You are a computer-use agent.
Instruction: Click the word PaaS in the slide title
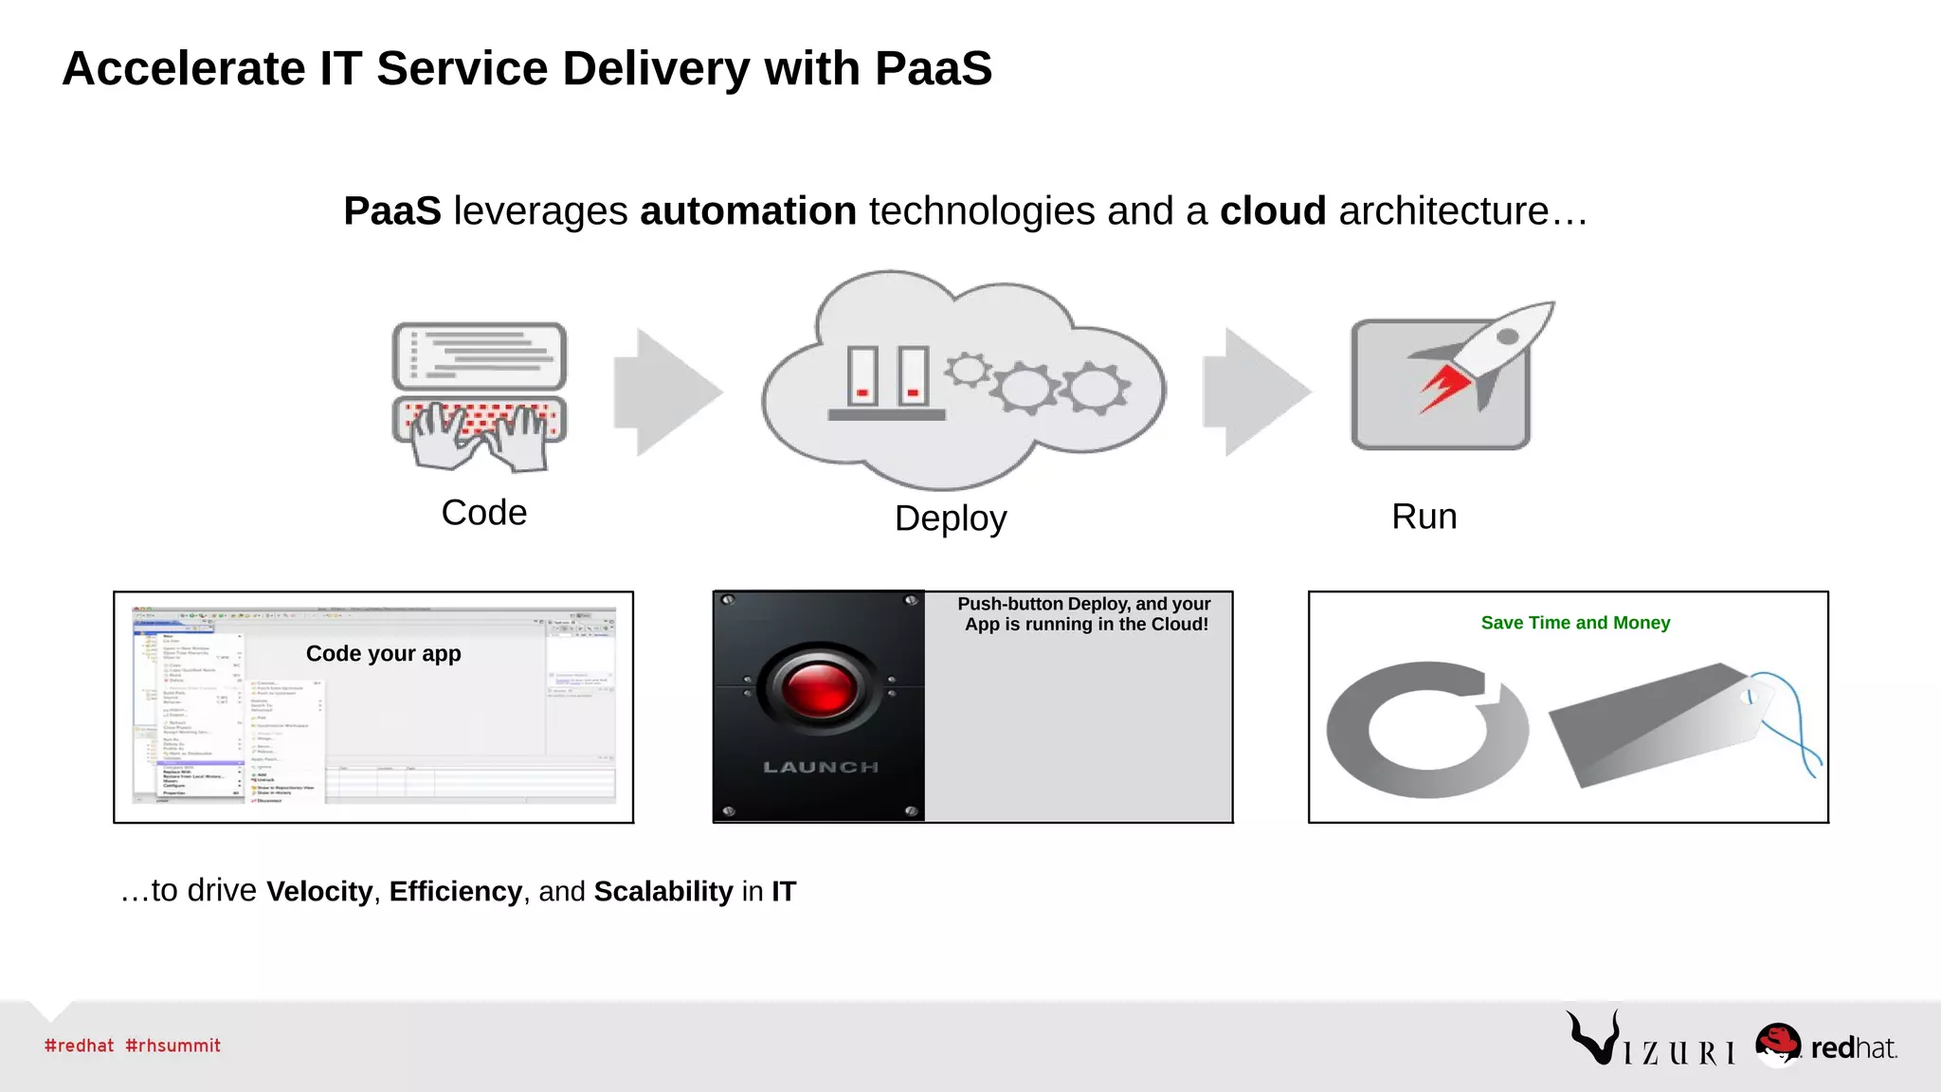click(x=933, y=69)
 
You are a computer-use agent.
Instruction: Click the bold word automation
click(x=748, y=211)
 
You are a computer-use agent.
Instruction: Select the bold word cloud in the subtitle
click(x=1272, y=211)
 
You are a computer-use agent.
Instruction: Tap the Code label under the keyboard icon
click(x=483, y=513)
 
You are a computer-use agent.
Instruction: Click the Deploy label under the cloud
click(x=950, y=519)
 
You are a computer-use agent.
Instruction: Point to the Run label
click(x=1424, y=517)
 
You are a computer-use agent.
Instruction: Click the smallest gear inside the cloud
click(x=967, y=370)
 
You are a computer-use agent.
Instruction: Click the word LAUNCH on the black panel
click(x=821, y=767)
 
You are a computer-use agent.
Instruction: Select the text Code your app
click(x=383, y=654)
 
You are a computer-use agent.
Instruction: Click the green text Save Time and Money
click(x=1575, y=623)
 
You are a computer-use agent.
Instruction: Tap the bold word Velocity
click(x=319, y=892)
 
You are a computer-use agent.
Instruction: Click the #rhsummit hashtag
click(x=172, y=1046)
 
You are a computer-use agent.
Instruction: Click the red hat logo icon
click(x=1777, y=1044)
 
